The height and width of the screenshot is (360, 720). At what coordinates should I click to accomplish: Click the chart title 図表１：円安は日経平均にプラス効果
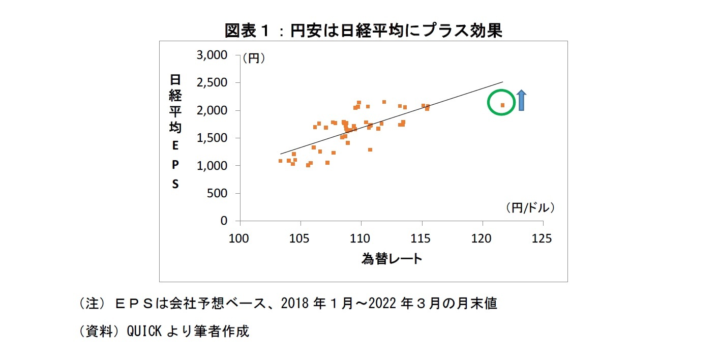pos(363,31)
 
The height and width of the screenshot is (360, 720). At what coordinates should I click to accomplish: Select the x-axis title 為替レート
pos(392,259)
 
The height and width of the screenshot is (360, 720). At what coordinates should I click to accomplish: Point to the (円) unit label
pos(254,58)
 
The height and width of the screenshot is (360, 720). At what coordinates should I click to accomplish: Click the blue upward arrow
pos(522,100)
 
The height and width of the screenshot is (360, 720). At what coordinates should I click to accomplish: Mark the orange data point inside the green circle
pos(502,105)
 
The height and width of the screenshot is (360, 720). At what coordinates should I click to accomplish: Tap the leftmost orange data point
pos(280,161)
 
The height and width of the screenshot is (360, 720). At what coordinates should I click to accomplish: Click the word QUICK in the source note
pos(144,331)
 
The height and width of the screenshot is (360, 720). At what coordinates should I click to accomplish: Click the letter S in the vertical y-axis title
pos(175,184)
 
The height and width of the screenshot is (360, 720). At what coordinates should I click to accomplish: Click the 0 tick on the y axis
pos(224,221)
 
